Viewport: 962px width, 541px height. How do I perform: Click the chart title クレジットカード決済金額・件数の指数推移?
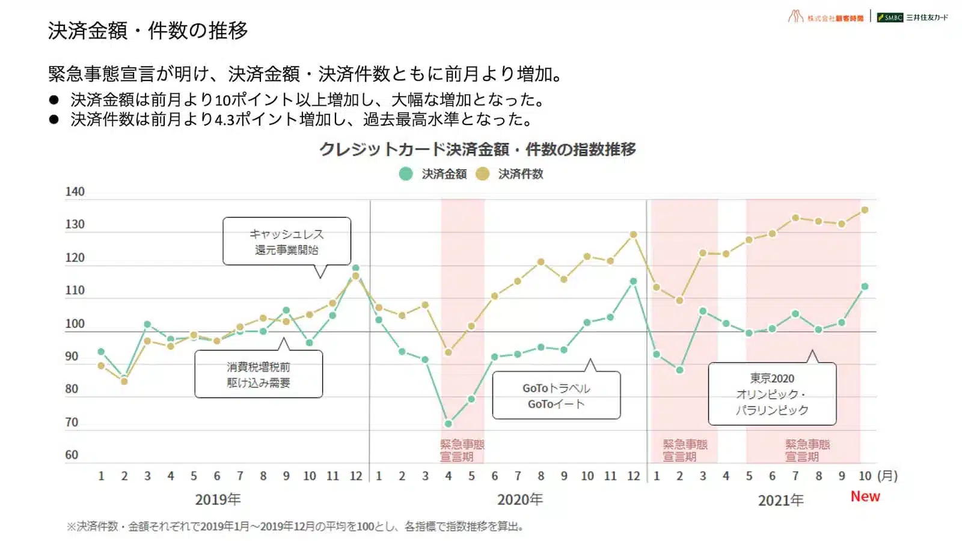(x=477, y=149)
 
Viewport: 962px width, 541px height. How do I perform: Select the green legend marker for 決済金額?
(x=406, y=174)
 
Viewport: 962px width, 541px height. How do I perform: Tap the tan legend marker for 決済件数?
(x=482, y=174)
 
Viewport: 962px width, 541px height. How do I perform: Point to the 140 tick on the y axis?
(x=75, y=192)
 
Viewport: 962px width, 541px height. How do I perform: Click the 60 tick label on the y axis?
(x=72, y=455)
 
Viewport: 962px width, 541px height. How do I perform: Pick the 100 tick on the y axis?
(x=75, y=323)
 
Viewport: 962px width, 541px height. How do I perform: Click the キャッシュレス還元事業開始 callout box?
(x=286, y=242)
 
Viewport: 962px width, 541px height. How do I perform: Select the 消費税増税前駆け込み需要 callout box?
(x=259, y=374)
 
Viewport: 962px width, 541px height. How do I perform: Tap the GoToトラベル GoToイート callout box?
(x=556, y=396)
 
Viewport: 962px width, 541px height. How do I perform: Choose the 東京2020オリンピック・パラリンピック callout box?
(x=772, y=394)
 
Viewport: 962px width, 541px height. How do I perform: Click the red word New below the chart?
(x=865, y=497)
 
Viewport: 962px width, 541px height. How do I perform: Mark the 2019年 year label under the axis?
(x=218, y=500)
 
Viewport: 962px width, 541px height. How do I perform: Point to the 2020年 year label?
(x=520, y=500)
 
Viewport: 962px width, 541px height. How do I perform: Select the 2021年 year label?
(x=780, y=500)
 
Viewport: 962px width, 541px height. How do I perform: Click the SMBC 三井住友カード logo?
(x=912, y=17)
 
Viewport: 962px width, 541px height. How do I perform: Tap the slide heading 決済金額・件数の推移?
(x=148, y=31)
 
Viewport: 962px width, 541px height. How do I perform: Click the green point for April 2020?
(x=448, y=424)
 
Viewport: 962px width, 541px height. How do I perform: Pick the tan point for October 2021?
(x=865, y=210)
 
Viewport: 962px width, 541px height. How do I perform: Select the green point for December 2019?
(x=356, y=268)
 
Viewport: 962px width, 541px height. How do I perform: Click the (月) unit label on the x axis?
(x=887, y=476)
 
